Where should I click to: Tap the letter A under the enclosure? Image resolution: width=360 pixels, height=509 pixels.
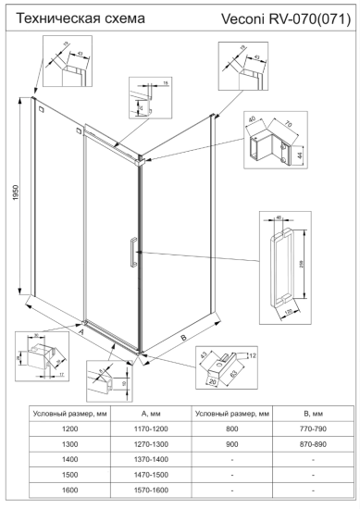81,329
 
